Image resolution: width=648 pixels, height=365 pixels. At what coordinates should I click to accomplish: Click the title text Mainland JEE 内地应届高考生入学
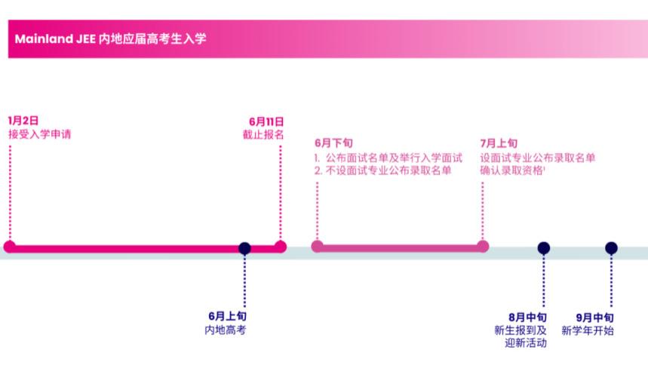pyautogui.click(x=110, y=39)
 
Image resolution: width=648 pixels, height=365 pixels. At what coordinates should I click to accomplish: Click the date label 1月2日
pyautogui.click(x=23, y=121)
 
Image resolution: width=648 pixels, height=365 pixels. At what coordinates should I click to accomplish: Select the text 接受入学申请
pyautogui.click(x=39, y=134)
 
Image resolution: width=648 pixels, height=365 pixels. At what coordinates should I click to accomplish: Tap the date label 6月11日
pyautogui.click(x=266, y=121)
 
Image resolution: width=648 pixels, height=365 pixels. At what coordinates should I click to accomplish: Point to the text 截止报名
pyautogui.click(x=263, y=134)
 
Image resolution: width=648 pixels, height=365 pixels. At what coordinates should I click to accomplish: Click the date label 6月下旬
pyautogui.click(x=333, y=143)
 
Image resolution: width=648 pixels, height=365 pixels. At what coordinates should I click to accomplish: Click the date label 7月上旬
pyautogui.click(x=499, y=143)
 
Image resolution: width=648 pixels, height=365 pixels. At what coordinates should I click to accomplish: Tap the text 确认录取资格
pyautogui.click(x=512, y=170)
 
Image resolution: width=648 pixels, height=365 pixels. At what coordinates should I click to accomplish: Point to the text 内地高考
pyautogui.click(x=226, y=330)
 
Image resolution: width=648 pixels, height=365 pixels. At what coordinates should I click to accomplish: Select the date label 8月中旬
pyautogui.click(x=527, y=317)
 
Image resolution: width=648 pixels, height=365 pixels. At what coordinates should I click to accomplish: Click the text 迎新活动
pyautogui.click(x=526, y=343)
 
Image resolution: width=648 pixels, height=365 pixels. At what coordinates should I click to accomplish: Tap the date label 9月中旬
pyautogui.click(x=594, y=317)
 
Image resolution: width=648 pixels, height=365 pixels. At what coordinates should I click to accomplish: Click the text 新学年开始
pyautogui.click(x=588, y=330)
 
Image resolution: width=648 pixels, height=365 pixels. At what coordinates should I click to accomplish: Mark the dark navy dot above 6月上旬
pyautogui.click(x=244, y=248)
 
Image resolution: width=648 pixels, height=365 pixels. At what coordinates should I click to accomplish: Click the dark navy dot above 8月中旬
pyautogui.click(x=543, y=248)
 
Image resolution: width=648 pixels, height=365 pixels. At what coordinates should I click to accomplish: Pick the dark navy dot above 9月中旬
pyautogui.click(x=611, y=248)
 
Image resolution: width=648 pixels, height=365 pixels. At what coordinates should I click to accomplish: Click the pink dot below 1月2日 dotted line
pyautogui.click(x=10, y=247)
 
